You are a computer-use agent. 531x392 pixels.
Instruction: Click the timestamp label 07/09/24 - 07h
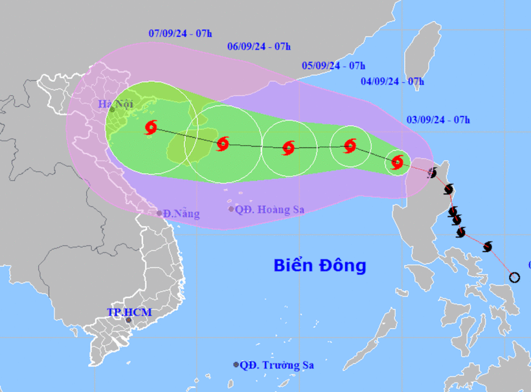pyautogui.click(x=180, y=32)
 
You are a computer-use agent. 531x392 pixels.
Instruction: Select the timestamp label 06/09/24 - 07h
pyautogui.click(x=259, y=46)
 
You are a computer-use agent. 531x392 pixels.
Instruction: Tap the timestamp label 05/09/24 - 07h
pyautogui.click(x=333, y=65)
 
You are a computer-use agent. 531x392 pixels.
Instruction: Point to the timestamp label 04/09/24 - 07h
pyautogui.click(x=392, y=82)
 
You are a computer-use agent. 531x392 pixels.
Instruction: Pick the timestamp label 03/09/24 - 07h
pyautogui.click(x=438, y=119)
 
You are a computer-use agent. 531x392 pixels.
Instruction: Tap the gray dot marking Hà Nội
pyautogui.click(x=112, y=110)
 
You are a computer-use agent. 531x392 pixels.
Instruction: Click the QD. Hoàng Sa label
pyautogui.click(x=269, y=209)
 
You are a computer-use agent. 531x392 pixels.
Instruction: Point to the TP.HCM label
pyautogui.click(x=129, y=312)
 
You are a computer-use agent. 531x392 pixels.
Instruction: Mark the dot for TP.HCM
pyautogui.click(x=129, y=320)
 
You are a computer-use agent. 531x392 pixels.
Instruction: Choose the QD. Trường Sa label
pyautogui.click(x=277, y=365)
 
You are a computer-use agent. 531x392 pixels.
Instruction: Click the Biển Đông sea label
pyautogui.click(x=320, y=265)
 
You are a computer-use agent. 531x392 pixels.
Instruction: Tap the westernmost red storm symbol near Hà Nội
pyautogui.click(x=151, y=128)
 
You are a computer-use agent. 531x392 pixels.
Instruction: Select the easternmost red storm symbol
pyautogui.click(x=398, y=162)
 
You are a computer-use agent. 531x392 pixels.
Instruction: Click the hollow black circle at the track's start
pyautogui.click(x=514, y=277)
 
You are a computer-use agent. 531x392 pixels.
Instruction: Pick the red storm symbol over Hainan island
pyautogui.click(x=223, y=144)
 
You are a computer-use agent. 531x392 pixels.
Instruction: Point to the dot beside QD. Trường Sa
pyautogui.click(x=236, y=365)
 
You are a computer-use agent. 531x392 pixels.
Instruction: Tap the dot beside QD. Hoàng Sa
pyautogui.click(x=231, y=209)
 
